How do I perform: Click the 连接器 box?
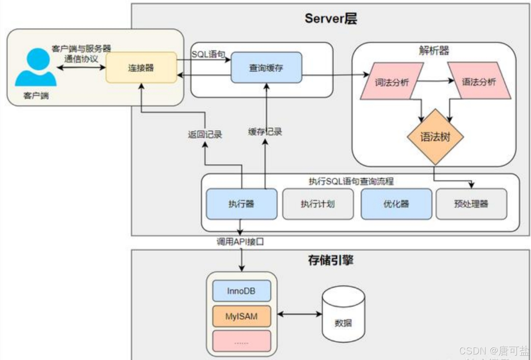141,68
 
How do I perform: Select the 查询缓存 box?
266,68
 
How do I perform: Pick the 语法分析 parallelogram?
479,81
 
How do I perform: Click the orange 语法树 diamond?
435,136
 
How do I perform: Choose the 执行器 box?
241,204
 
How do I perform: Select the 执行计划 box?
318,204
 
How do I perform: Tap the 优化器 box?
396,204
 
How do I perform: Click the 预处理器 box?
471,204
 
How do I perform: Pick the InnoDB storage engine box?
241,291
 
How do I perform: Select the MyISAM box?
241,316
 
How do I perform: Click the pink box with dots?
241,341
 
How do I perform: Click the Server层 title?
331,19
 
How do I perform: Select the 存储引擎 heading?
331,260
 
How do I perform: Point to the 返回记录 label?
205,134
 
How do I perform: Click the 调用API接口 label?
240,242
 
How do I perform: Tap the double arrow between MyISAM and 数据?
299,314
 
